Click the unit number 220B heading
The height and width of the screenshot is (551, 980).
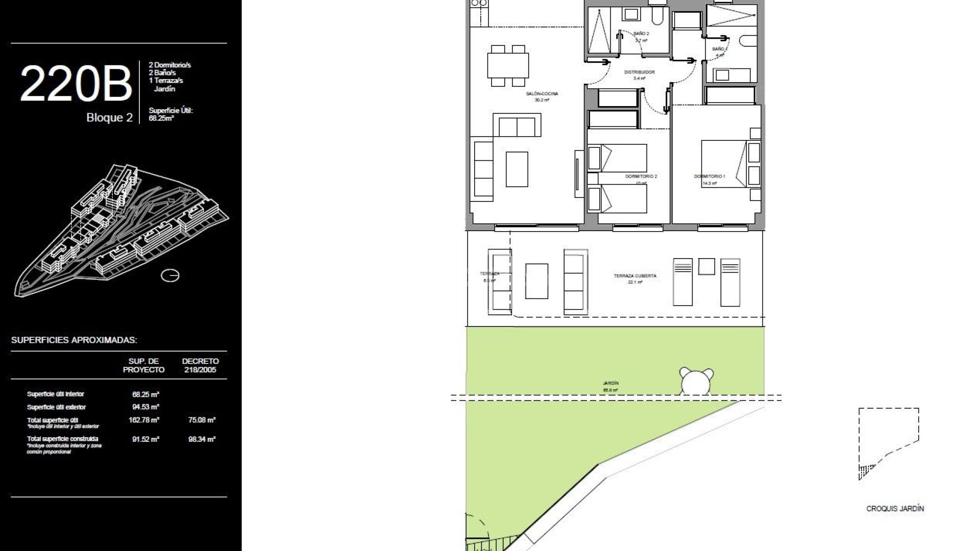76,84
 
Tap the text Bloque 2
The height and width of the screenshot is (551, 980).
109,118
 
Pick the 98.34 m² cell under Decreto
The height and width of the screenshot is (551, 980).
202,439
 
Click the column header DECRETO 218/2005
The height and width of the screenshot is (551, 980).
200,365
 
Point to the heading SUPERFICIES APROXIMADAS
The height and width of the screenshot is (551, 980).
74,340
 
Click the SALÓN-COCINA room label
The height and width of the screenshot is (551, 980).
542,94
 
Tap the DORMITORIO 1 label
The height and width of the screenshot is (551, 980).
709,177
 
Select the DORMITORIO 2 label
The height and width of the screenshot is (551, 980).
641,177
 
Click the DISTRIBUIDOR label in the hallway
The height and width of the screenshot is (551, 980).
640,72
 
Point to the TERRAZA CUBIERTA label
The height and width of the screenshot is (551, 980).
635,276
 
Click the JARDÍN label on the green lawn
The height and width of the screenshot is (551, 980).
610,383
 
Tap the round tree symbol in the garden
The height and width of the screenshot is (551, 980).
696,381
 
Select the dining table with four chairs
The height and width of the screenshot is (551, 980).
508,65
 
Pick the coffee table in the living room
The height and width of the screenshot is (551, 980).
517,169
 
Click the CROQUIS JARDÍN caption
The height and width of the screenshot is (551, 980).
895,509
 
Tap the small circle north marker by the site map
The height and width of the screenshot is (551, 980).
170,275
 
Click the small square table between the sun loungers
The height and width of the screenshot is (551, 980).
706,266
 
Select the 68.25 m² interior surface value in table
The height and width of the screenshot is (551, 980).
145,394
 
